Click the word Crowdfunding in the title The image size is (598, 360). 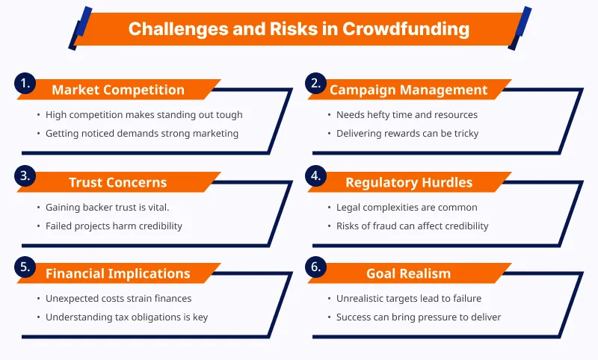[x=406, y=29]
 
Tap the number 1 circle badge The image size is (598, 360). [x=25, y=83]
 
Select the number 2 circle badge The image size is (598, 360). [x=315, y=83]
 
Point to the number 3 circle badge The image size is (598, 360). [x=25, y=176]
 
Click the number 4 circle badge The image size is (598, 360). [x=315, y=176]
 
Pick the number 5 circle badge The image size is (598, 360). [x=25, y=267]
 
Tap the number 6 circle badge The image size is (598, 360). [x=315, y=267]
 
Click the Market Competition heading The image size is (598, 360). [x=118, y=90]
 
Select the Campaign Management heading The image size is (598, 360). [x=408, y=90]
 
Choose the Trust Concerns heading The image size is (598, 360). [x=118, y=182]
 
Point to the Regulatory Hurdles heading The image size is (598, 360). [x=409, y=182]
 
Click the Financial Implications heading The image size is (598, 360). [x=118, y=273]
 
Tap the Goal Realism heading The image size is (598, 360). [x=408, y=273]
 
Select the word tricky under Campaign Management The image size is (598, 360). [x=466, y=134]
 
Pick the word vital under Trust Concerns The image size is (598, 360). [x=158, y=207]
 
